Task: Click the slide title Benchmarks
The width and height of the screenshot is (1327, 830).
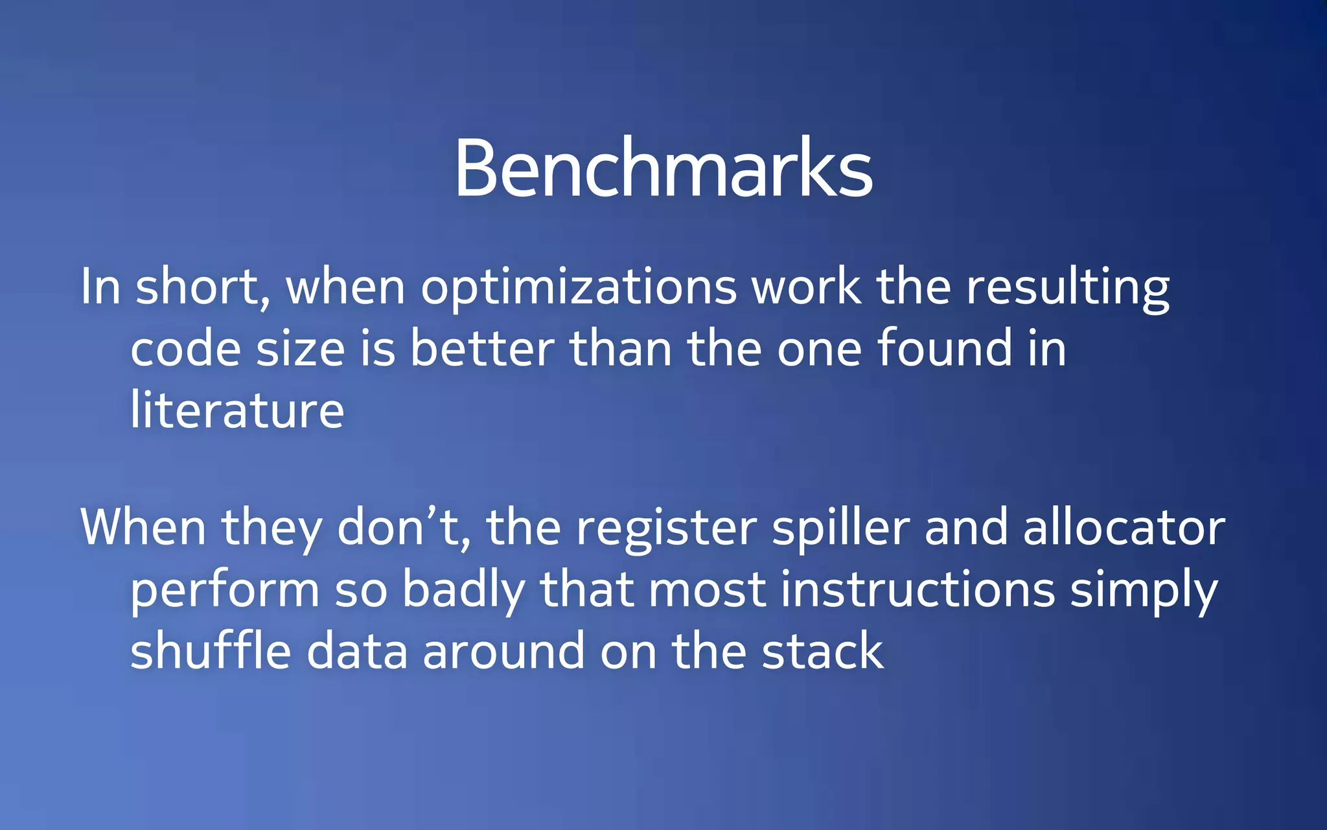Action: click(663, 169)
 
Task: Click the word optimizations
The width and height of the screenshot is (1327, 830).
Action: click(579, 289)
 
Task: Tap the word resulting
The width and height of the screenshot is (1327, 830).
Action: click(1068, 289)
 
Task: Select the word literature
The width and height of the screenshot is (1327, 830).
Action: click(237, 410)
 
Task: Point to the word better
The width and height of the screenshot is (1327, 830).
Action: click(482, 349)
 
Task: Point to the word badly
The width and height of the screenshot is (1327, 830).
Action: click(463, 590)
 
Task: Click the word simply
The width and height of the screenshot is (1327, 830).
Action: click(1144, 590)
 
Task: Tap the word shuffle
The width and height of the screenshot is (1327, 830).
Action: click(211, 650)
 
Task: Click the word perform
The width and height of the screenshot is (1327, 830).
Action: click(225, 590)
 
